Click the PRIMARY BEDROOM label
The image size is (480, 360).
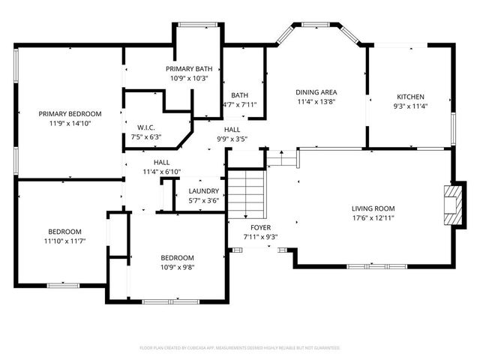click(x=70, y=114)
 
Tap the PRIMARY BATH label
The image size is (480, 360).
click(x=188, y=69)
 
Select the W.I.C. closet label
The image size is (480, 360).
click(x=145, y=127)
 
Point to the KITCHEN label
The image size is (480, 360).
click(x=410, y=97)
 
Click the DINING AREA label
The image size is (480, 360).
click(x=315, y=91)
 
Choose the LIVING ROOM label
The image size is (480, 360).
click(x=373, y=208)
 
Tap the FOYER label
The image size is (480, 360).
click(x=260, y=227)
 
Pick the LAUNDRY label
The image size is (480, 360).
click(x=203, y=191)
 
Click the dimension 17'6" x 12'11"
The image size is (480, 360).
click(x=373, y=218)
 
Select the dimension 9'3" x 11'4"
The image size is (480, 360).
click(x=410, y=106)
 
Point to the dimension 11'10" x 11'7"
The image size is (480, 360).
click(x=65, y=241)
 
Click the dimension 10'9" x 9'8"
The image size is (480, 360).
click(x=178, y=267)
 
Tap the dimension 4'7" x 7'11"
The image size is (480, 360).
click(x=240, y=105)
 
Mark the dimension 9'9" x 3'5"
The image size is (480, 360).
click(x=232, y=139)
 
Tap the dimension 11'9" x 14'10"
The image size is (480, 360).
click(x=70, y=124)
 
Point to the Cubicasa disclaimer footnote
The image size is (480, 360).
click(x=240, y=348)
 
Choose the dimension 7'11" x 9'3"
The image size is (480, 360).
click(x=260, y=237)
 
